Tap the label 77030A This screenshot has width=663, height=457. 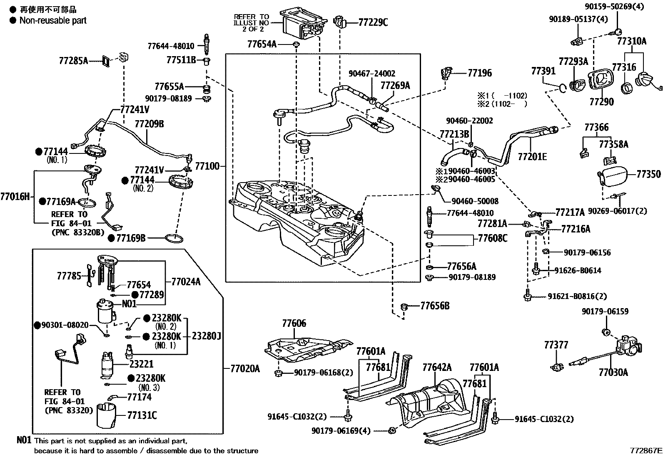point(613,372)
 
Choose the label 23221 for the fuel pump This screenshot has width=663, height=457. point(141,364)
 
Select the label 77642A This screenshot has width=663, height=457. point(437,368)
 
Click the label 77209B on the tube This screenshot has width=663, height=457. point(149,124)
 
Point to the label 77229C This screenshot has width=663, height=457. point(373,22)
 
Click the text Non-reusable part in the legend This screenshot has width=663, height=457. point(53,20)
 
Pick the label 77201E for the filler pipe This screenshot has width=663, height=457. point(532,157)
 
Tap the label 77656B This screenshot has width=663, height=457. point(435,306)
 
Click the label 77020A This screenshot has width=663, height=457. point(245,368)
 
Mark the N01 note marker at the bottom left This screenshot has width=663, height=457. point(24,440)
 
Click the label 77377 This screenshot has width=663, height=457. point(556,345)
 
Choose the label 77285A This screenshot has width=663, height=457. point(73,61)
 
